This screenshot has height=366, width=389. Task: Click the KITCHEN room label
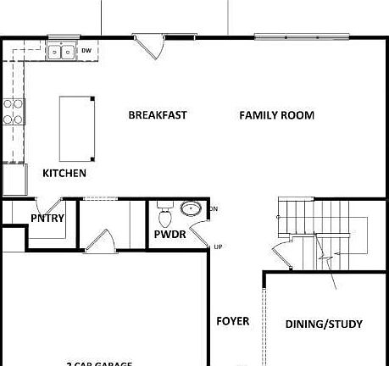point(64,173)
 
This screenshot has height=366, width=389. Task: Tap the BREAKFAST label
point(158,115)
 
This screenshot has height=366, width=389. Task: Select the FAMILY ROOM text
point(276,115)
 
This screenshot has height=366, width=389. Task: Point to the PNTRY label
point(47,219)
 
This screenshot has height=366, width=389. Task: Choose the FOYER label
point(233,321)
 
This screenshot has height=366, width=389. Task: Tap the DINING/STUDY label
point(324,324)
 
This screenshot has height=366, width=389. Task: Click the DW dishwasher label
point(86,51)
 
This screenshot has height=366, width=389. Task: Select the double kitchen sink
point(62,52)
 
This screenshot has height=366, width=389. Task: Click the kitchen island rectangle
point(76,127)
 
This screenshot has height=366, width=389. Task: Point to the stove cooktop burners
point(14,111)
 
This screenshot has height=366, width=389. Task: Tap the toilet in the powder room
point(165,208)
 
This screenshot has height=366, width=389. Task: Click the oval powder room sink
point(192,208)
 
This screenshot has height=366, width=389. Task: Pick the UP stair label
point(218,247)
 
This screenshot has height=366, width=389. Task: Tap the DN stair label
point(214,208)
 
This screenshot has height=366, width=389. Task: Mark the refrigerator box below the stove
point(14,179)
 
